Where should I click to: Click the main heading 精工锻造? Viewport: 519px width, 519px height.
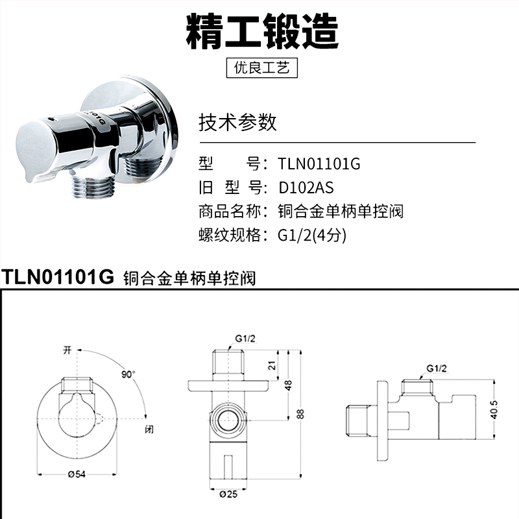pyautogui.click(x=262, y=31)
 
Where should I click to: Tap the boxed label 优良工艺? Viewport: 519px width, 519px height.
pyautogui.click(x=262, y=68)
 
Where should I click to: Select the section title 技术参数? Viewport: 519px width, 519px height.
pyautogui.click(x=237, y=122)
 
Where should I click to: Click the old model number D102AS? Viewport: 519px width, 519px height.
pyautogui.click(x=306, y=187)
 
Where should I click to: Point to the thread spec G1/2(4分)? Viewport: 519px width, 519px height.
pyautogui.click(x=312, y=235)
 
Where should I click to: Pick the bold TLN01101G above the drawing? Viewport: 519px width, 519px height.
pyautogui.click(x=58, y=276)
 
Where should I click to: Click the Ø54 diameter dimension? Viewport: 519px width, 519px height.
pyautogui.click(x=77, y=474)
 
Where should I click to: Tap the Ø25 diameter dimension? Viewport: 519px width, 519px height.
pyautogui.click(x=229, y=494)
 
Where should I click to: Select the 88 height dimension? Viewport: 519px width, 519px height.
pyautogui.click(x=300, y=414)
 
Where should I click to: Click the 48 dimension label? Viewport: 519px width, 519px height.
pyautogui.click(x=289, y=385)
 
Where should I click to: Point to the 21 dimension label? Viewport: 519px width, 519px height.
pyautogui.click(x=272, y=365)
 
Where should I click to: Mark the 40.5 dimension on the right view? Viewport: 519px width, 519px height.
pyautogui.click(x=494, y=410)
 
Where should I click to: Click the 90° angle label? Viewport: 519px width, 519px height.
pyautogui.click(x=128, y=374)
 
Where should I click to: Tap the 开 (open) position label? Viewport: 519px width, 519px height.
pyautogui.click(x=67, y=350)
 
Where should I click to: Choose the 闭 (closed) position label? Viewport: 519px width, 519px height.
pyautogui.click(x=149, y=429)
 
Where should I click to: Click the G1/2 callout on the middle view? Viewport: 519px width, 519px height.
pyautogui.click(x=245, y=339)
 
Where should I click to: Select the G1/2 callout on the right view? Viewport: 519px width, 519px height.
pyautogui.click(x=437, y=368)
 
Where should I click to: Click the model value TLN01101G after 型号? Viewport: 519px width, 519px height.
pyautogui.click(x=319, y=163)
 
